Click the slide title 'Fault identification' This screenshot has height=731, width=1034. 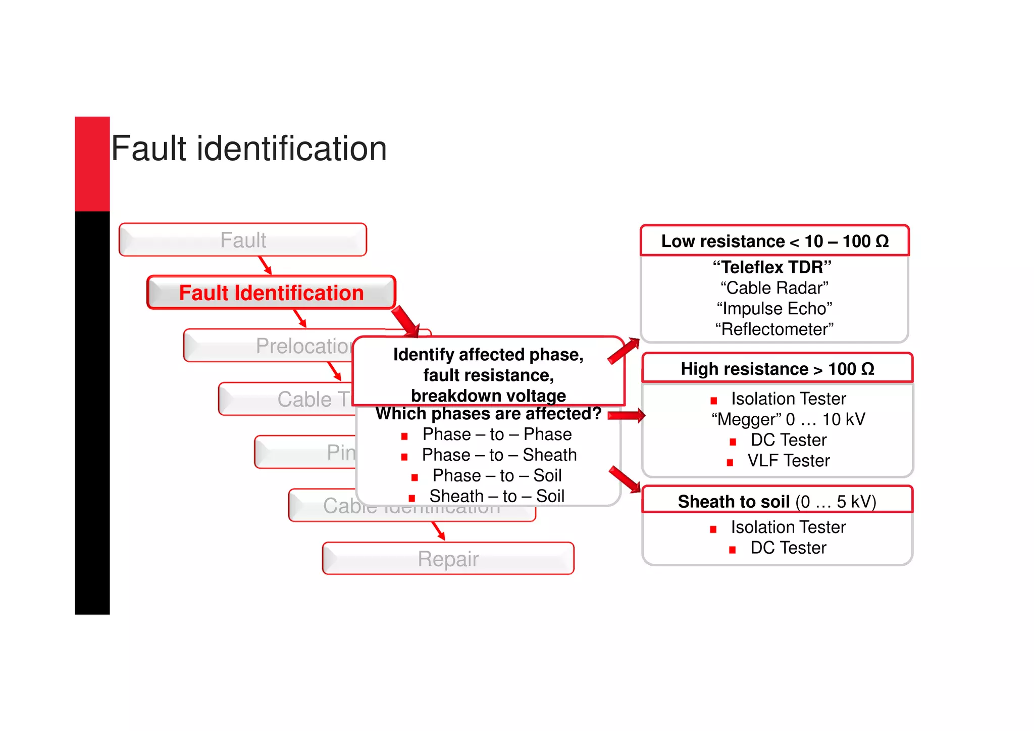248,149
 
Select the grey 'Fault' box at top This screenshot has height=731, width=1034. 243,240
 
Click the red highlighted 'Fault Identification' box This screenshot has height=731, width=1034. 271,293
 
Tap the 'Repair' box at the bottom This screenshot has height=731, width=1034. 448,559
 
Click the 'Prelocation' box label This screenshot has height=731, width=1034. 303,346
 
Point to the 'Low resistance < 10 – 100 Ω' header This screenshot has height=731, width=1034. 774,241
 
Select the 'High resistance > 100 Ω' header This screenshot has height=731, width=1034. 777,369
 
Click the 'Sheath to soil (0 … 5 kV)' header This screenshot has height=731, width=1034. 777,501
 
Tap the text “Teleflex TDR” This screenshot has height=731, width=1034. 772,267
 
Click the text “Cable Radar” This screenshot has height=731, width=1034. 774,288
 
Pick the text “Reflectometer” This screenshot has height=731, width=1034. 774,329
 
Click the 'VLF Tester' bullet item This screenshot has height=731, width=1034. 788,461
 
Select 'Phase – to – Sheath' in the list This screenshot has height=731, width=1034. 499,455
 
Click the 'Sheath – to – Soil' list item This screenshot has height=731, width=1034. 496,496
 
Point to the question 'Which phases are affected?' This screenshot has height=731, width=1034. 488,414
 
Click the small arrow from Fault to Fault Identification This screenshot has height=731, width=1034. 265,265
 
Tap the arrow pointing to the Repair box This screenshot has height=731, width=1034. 438,531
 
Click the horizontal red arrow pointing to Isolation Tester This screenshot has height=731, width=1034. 626,416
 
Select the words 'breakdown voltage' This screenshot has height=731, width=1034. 488,395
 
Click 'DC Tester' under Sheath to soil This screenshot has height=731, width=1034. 788,548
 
